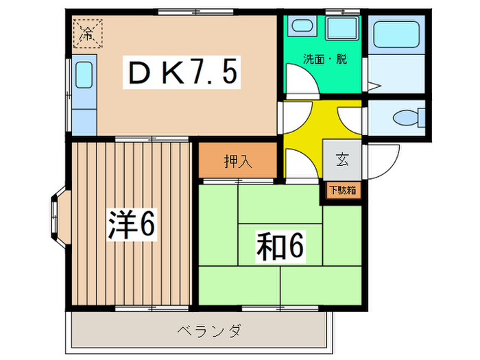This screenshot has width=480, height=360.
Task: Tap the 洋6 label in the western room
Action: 132,224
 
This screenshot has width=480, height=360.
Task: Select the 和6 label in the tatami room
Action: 280,246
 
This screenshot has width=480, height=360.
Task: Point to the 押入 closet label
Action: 238,161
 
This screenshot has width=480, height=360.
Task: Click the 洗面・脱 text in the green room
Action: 325,59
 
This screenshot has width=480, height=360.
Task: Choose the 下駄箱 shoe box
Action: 343,191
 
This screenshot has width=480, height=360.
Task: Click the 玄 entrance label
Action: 342,159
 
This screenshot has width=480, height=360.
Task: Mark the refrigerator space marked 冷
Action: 88,34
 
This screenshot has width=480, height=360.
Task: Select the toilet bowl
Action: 408,118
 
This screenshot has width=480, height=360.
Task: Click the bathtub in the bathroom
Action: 396,34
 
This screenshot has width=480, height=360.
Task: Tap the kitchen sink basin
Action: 84,75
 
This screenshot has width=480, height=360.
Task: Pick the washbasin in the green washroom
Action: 302,26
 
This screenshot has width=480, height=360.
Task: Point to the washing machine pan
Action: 341,28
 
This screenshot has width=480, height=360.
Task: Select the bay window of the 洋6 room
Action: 58,216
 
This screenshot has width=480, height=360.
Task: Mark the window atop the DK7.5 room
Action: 196,12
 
